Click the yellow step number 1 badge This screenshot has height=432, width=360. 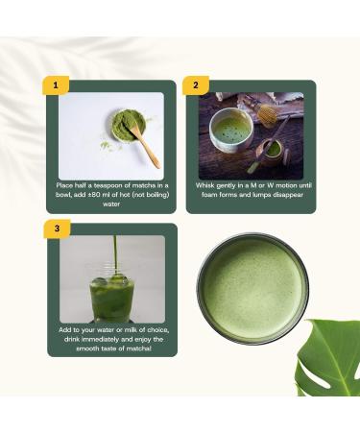[x=57, y=85]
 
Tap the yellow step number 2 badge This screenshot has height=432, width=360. [x=196, y=85]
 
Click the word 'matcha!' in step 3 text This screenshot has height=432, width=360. [x=134, y=349]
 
